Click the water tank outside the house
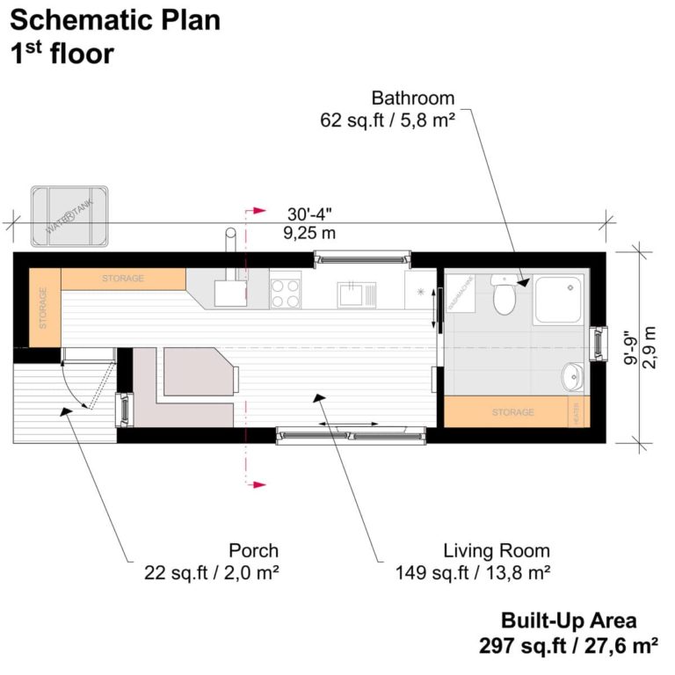pyautogui.click(x=69, y=215)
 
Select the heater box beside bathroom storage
pyautogui.click(x=577, y=411)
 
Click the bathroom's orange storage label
pyautogui.click(x=512, y=411)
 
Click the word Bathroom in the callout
pyautogui.click(x=412, y=98)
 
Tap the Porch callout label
pyautogui.click(x=253, y=551)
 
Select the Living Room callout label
pyautogui.click(x=496, y=551)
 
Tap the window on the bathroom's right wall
pyautogui.click(x=599, y=343)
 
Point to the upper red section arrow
pyautogui.click(x=257, y=212)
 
